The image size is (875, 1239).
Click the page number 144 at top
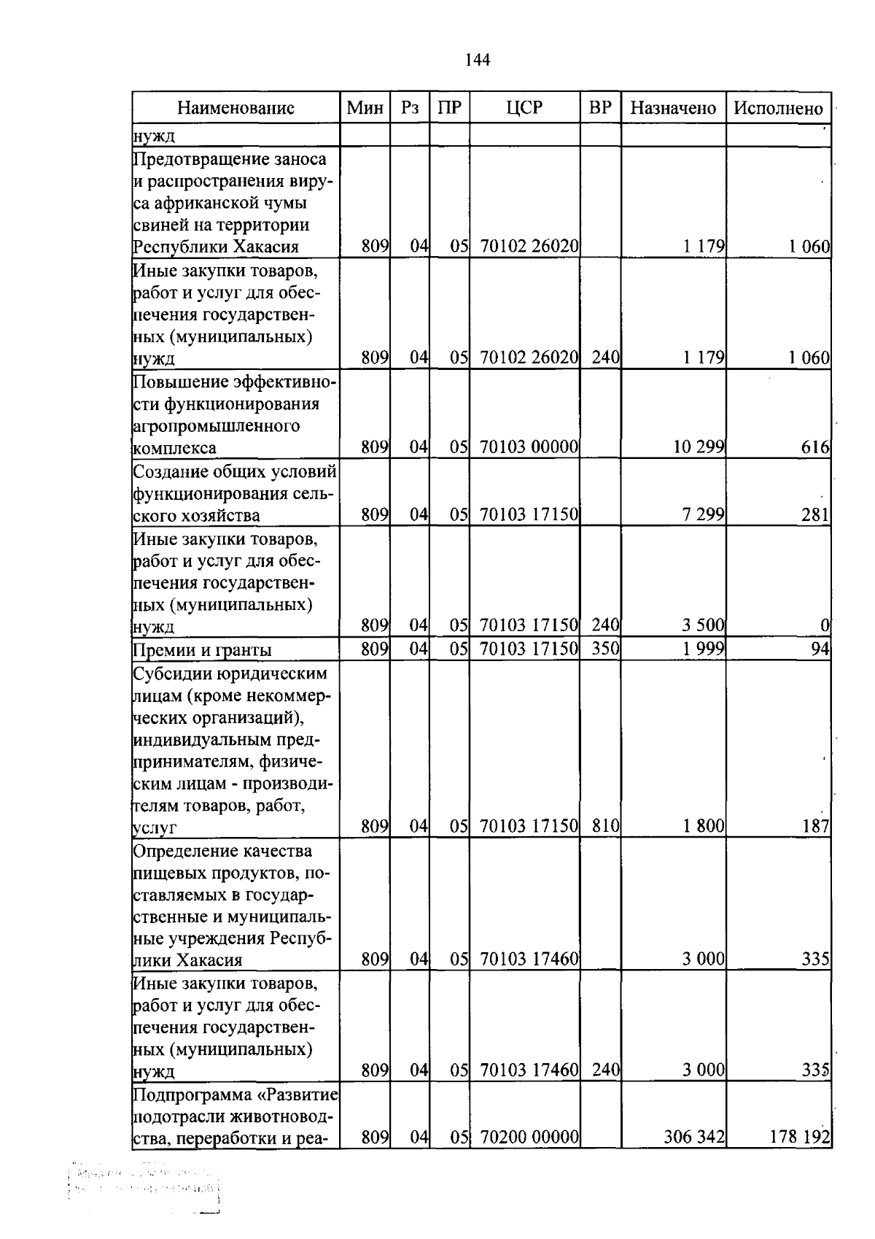(478, 60)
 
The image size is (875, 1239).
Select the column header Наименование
(236, 108)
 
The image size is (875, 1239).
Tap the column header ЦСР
(524, 108)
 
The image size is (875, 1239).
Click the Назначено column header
(673, 108)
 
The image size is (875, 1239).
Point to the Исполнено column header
(778, 108)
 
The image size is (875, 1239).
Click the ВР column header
(600, 108)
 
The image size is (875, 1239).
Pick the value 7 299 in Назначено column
(703, 515)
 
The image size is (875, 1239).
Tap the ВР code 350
(605, 649)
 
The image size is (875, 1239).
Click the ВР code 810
(605, 826)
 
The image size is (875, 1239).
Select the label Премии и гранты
(202, 650)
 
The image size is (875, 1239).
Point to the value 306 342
(694, 1137)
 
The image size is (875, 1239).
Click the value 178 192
(800, 1137)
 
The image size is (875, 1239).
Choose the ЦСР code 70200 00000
(529, 1137)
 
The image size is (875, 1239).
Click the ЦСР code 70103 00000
(529, 447)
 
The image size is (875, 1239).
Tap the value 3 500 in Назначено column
(703, 625)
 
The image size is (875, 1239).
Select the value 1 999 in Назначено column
(703, 649)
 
